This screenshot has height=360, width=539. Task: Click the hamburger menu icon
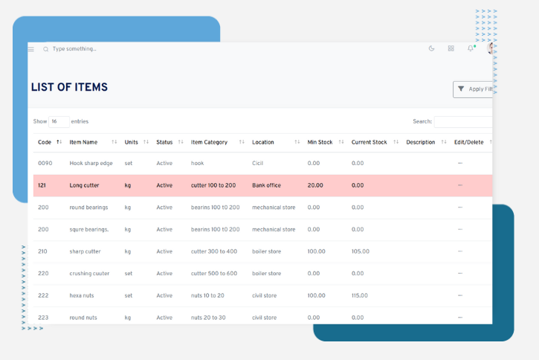(x=31, y=49)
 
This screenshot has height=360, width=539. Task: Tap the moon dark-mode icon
(x=432, y=49)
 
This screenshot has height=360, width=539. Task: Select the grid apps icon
(x=451, y=49)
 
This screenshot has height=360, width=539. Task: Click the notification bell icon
(x=470, y=49)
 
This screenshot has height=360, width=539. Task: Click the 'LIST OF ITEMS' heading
(x=69, y=87)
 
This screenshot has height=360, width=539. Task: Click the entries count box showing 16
(x=59, y=121)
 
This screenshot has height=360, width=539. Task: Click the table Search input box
(x=462, y=121)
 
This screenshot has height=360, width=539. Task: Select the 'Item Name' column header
(x=83, y=142)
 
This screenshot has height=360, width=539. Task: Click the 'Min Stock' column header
(x=320, y=142)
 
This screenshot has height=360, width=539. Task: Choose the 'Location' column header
(x=263, y=142)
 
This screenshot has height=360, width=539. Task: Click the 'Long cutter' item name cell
(x=84, y=185)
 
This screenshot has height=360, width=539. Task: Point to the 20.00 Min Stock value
(x=315, y=185)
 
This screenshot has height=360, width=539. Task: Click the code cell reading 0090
(x=45, y=163)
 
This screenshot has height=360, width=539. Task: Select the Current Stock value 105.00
(x=361, y=251)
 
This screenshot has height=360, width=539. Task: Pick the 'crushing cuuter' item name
(x=89, y=274)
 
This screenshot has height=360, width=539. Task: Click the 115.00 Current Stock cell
(x=361, y=295)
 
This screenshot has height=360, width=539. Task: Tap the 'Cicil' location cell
(x=259, y=163)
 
